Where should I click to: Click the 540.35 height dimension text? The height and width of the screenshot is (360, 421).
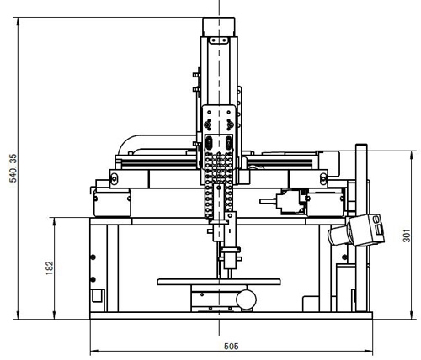point(13,168)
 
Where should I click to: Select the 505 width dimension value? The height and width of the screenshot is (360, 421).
point(232,347)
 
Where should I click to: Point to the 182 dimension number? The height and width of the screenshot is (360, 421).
point(49,268)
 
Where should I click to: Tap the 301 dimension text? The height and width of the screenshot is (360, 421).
point(407,236)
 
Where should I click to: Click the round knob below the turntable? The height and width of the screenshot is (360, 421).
point(246,299)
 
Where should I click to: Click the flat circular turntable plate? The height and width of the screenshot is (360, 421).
point(219,282)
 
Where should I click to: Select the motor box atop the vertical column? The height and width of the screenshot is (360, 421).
point(219,27)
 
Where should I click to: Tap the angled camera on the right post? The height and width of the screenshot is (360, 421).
point(356,230)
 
